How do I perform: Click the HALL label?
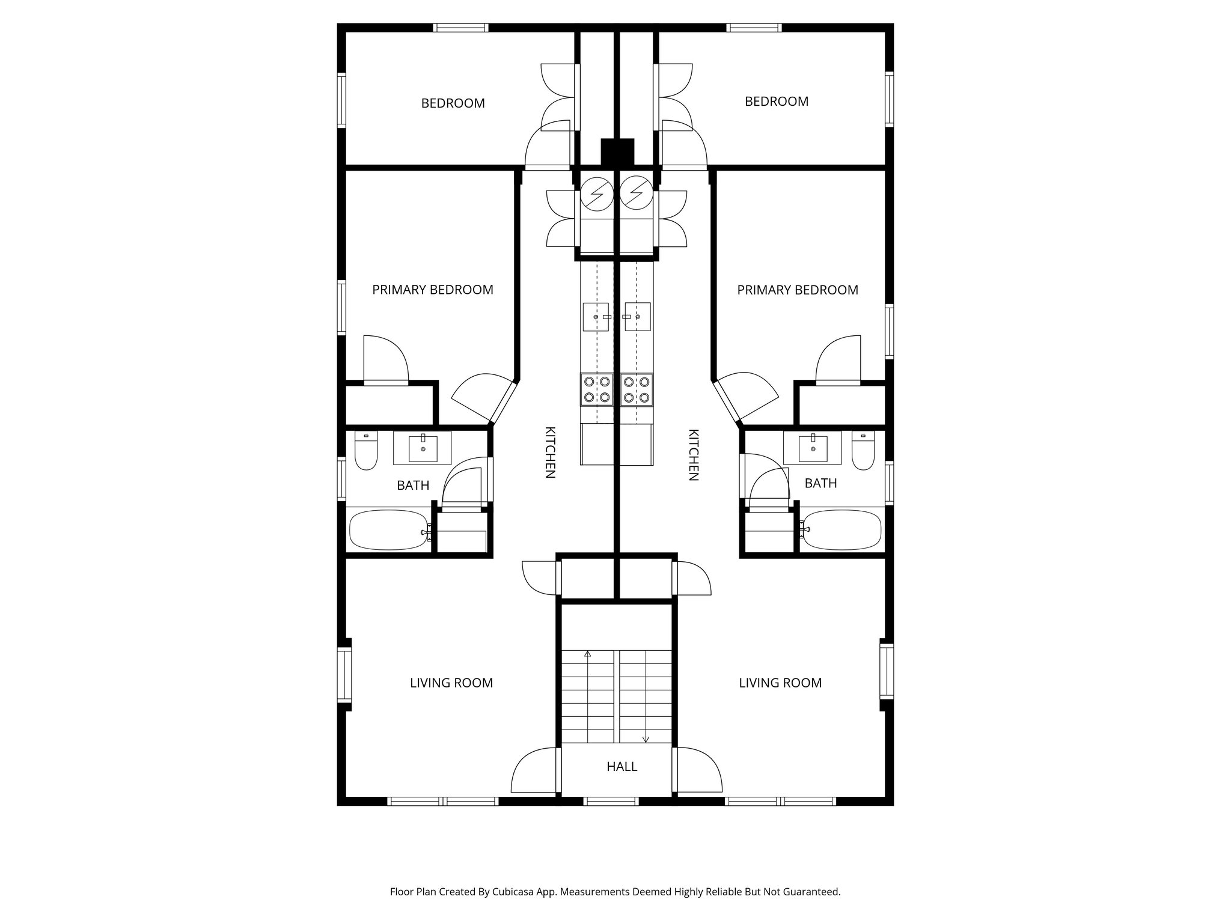622,767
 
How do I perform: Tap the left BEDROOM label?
453,103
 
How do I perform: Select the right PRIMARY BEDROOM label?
798,290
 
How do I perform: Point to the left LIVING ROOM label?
451,683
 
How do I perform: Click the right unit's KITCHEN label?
693,455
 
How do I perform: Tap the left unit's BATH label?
413,486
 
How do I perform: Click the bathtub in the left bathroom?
389,530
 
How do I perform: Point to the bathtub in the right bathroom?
841,530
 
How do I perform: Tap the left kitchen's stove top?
596,389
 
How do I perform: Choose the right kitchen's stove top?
637,389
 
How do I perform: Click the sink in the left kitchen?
597,317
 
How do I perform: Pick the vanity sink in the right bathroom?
813,448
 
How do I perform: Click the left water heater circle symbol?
596,193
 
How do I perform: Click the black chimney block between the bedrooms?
617,152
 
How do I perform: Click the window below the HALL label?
611,800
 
